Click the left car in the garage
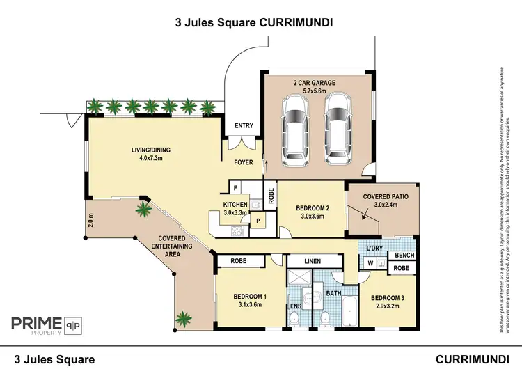click(x=296, y=128)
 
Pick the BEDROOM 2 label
click(x=313, y=208)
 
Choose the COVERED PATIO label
click(x=385, y=198)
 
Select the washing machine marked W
click(x=370, y=263)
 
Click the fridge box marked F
click(x=236, y=188)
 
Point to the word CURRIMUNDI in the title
click(x=296, y=22)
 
